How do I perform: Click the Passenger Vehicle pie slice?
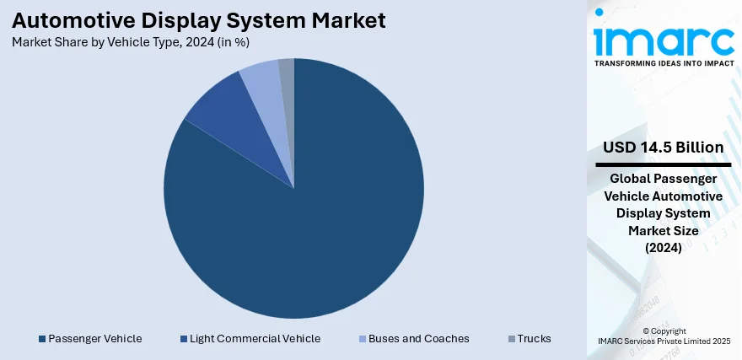click(x=312, y=219)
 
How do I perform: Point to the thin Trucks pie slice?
click(x=288, y=72)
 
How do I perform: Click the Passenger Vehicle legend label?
click(x=94, y=339)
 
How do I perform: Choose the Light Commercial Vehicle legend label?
click(x=255, y=339)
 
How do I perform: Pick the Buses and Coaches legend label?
click(x=418, y=339)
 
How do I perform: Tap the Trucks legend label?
click(x=535, y=339)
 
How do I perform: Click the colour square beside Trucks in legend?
click(x=511, y=339)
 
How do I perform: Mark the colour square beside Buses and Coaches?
click(x=363, y=339)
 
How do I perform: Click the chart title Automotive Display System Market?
click(x=198, y=20)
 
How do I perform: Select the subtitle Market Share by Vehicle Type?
click(x=130, y=41)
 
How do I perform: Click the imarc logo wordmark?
click(x=664, y=38)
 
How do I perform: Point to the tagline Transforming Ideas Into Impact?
click(x=664, y=63)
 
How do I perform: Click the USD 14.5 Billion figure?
click(x=664, y=148)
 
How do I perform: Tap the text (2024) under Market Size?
click(x=664, y=248)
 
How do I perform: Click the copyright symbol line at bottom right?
click(x=664, y=331)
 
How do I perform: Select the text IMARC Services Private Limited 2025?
click(x=664, y=342)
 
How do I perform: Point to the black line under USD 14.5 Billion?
click(x=664, y=164)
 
